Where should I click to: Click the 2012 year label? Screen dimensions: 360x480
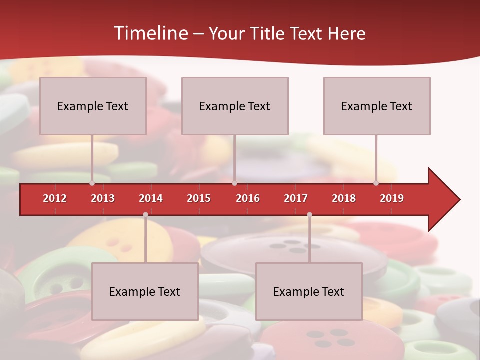(x=55, y=198)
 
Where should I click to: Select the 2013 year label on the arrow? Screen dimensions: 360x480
(x=103, y=198)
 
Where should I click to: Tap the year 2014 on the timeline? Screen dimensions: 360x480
(x=151, y=198)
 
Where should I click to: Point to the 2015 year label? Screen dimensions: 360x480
(x=199, y=198)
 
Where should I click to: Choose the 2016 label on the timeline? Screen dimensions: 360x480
(x=248, y=198)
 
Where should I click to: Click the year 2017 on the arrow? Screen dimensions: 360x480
(x=296, y=198)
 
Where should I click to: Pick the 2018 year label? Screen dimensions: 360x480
(x=344, y=198)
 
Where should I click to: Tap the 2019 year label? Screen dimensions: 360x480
(x=392, y=198)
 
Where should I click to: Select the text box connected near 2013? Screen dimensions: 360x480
(x=93, y=106)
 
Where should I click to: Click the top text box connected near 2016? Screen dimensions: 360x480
(x=235, y=106)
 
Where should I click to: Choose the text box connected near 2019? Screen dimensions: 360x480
(x=377, y=106)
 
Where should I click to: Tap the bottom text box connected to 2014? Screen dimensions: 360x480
(x=145, y=291)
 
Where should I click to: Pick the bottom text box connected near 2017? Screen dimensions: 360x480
(x=309, y=291)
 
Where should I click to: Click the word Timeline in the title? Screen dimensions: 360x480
(x=150, y=33)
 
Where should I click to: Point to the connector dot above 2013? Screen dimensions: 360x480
(x=92, y=183)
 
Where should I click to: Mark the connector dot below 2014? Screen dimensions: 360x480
(x=145, y=215)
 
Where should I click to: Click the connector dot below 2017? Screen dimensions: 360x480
(x=309, y=215)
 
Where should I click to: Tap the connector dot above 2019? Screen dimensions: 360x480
(x=376, y=183)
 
